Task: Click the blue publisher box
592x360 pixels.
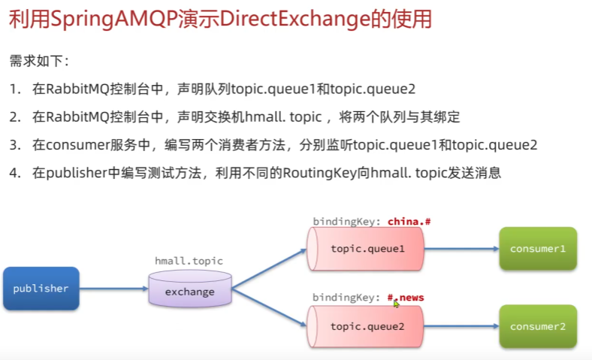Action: click(x=41, y=289)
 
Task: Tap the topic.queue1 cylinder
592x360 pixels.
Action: click(x=365, y=249)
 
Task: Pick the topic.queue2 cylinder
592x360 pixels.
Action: click(x=365, y=326)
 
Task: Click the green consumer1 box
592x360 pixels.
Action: click(x=538, y=249)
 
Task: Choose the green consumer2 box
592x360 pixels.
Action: click(x=538, y=326)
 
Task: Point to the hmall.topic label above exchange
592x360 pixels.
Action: click(x=189, y=261)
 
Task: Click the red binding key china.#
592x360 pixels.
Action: click(x=409, y=222)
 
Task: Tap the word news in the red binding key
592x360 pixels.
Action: click(x=412, y=298)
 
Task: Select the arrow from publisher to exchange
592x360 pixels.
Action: click(x=113, y=289)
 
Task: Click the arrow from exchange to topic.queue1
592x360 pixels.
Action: click(x=269, y=268)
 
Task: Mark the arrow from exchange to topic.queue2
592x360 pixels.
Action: click(x=269, y=307)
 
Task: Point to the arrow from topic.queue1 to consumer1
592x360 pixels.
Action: click(x=461, y=249)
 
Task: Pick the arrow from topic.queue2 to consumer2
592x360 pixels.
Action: click(x=461, y=326)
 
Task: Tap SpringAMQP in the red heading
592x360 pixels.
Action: click(x=114, y=20)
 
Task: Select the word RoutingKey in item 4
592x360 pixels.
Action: click(x=320, y=173)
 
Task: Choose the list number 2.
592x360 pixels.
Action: click(x=15, y=117)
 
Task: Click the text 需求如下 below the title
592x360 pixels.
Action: click(x=37, y=61)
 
